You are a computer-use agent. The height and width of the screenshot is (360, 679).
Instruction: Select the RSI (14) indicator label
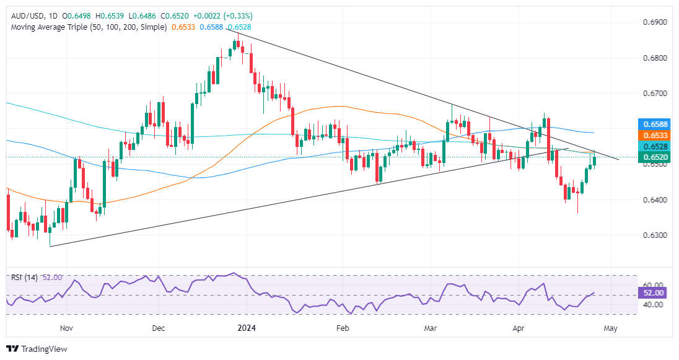coord(24,276)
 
